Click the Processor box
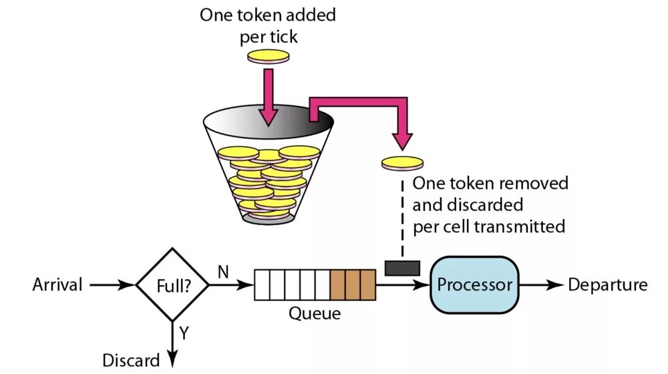[474, 286]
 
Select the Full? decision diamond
[173, 286]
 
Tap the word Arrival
[57, 285]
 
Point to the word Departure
[607, 285]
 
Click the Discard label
[131, 361]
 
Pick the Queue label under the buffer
[314, 313]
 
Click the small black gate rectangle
[402, 268]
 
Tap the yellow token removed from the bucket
[402, 163]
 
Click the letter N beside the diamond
[223, 271]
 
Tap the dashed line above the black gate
[402, 220]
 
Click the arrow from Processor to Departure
[542, 285]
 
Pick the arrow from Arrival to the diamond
[112, 285]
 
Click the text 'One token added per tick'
[269, 25]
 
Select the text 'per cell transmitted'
[489, 226]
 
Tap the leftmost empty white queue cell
[262, 285]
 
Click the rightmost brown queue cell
[368, 285]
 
